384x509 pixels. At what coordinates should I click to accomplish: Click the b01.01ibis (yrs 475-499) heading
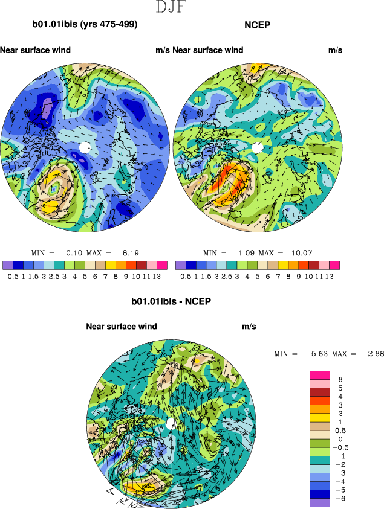coord(85,25)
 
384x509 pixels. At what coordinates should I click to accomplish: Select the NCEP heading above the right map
coord(257,25)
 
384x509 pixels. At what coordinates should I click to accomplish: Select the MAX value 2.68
coord(376,354)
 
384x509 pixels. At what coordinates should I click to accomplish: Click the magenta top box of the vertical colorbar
coord(319,375)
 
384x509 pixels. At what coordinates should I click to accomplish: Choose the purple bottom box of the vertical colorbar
coord(319,502)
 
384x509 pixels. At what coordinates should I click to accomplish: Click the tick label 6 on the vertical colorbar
coord(341,379)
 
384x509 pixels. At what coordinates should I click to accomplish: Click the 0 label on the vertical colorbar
coord(341,438)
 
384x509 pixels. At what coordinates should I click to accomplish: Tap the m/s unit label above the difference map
coord(249,326)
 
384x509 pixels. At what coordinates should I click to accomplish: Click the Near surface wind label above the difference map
coord(122,326)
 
